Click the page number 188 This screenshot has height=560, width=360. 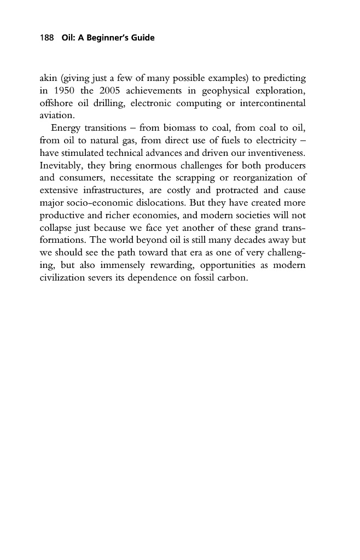click(46, 38)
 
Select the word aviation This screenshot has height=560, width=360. click(56, 115)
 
